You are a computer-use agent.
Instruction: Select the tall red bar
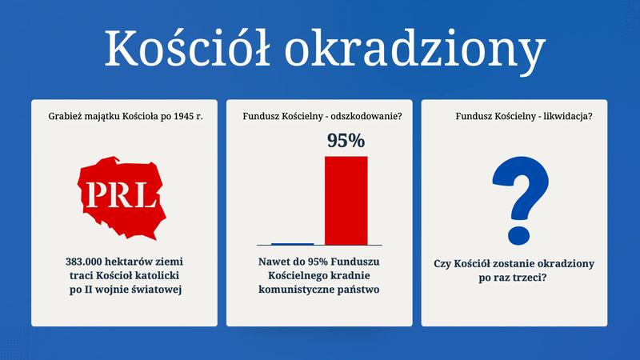click(x=346, y=200)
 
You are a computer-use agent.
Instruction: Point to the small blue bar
click(x=292, y=243)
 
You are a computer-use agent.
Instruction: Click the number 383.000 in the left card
click(x=88, y=262)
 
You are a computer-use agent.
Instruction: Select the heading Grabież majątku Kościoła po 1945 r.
click(x=124, y=117)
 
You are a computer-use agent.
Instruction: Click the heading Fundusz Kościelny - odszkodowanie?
click(x=322, y=117)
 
